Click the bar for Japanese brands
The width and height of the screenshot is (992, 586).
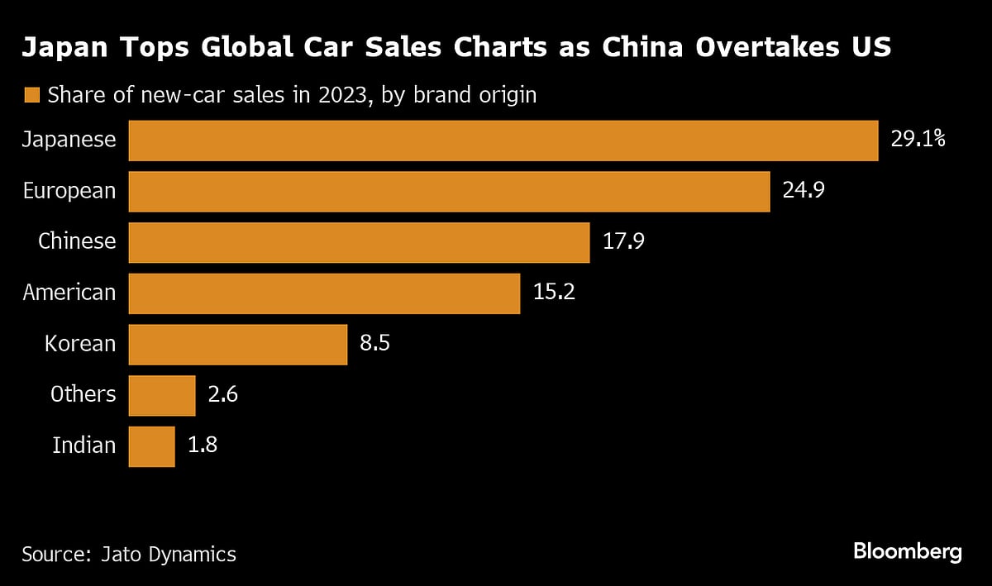pos(503,141)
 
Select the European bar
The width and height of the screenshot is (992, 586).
pos(449,192)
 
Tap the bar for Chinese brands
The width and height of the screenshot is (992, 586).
pos(359,242)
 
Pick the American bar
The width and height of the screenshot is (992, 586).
pos(324,293)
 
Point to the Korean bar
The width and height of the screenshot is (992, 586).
pos(237,345)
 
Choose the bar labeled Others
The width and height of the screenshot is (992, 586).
pos(162,395)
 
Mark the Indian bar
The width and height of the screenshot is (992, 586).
pos(151,446)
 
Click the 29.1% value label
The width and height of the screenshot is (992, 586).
pos(918,140)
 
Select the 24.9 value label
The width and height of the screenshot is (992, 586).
pos(804,191)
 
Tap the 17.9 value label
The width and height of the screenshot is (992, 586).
pos(623,242)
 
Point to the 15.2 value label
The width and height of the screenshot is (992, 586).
pos(554,293)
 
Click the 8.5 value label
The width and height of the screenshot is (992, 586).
pos(374,344)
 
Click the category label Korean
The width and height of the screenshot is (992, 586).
pos(80,344)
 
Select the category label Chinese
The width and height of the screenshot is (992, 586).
pos(77,241)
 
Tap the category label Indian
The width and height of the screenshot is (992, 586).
pos(83,446)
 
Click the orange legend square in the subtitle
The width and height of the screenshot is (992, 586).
pos(32,95)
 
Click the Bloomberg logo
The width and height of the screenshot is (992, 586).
pos(907,551)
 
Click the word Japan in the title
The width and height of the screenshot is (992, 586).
pos(63,47)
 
